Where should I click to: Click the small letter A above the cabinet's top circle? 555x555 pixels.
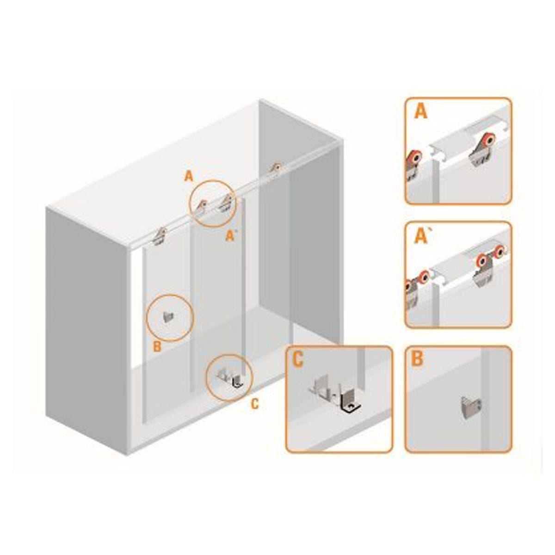click(189, 176)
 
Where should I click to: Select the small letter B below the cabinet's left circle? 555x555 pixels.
click(157, 346)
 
